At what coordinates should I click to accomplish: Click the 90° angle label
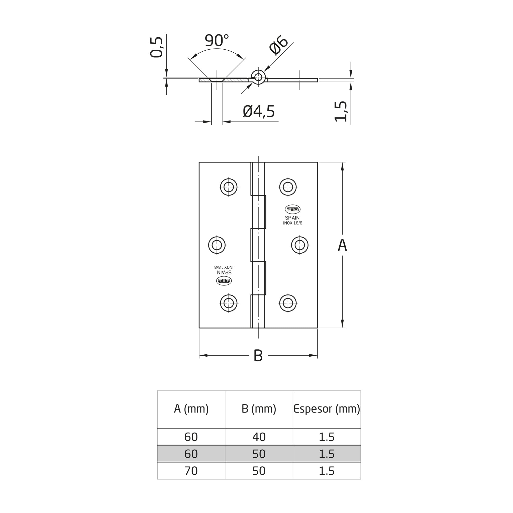[x=217, y=40]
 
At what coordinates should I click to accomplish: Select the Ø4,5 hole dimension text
[x=259, y=111]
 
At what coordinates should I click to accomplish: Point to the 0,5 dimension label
[x=156, y=47]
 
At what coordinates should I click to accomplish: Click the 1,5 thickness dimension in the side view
[x=341, y=111]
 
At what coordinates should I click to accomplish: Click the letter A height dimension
[x=342, y=245]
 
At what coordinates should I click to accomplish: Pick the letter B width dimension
[x=258, y=356]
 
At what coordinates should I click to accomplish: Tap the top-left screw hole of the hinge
[x=229, y=187]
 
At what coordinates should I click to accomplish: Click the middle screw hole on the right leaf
[x=300, y=245]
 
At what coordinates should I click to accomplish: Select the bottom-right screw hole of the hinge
[x=288, y=303]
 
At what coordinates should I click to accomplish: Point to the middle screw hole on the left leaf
[x=217, y=245]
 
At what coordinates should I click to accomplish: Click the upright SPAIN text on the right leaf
[x=292, y=218]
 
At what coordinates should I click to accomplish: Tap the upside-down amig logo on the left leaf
[x=224, y=281]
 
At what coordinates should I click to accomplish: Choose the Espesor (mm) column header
[x=327, y=409]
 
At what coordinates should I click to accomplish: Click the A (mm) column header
[x=191, y=409]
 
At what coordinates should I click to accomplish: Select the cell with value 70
[x=191, y=471]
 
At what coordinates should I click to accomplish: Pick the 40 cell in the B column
[x=259, y=437]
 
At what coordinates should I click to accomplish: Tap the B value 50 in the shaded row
[x=259, y=454]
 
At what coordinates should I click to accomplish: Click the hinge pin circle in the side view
[x=258, y=77]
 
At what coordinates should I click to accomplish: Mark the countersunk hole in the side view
[x=217, y=80]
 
